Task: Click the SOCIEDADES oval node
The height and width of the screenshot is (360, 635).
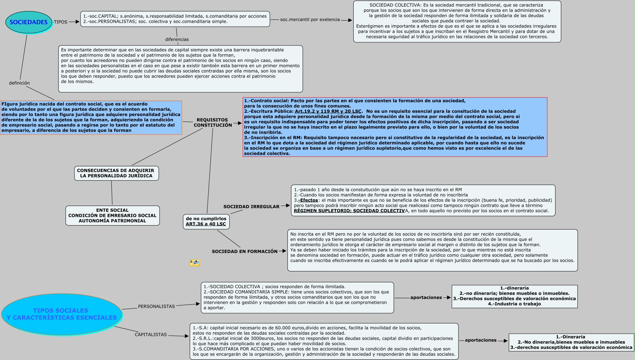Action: pyautogui.click(x=29, y=22)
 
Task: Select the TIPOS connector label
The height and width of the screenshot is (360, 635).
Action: pyautogui.click(x=60, y=22)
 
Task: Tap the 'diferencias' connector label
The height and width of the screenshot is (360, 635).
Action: pyautogui.click(x=177, y=39)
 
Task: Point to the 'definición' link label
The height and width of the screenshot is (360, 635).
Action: pyautogui.click(x=20, y=83)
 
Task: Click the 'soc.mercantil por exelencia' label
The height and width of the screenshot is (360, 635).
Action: pyautogui.click(x=310, y=20)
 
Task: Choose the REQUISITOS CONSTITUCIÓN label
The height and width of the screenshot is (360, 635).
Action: pyautogui.click(x=213, y=123)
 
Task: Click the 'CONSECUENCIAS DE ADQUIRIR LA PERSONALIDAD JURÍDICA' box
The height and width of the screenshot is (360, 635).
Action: pyautogui.click(x=116, y=173)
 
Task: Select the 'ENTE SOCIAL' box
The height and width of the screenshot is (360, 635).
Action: pyautogui.click(x=112, y=215)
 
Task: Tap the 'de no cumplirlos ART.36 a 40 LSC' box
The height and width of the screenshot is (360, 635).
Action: pyautogui.click(x=206, y=221)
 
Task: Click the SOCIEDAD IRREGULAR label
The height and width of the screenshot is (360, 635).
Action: pyautogui.click(x=251, y=207)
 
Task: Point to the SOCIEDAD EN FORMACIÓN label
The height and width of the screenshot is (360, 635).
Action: pyautogui.click(x=245, y=252)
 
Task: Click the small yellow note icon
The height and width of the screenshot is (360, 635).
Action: pyautogui.click(x=195, y=263)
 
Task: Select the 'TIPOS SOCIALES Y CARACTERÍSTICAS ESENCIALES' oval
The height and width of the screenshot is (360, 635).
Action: pyautogui.click(x=62, y=314)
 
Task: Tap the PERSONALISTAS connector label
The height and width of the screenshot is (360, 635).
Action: pyautogui.click(x=156, y=307)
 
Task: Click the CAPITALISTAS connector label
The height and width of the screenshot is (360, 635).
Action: pyautogui.click(x=151, y=335)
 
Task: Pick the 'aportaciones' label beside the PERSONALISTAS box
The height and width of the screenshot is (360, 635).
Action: pyautogui.click(x=426, y=297)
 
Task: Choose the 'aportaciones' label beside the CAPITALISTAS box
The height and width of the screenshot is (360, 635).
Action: pyautogui.click(x=481, y=340)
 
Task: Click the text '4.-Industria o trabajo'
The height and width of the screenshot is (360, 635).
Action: pyautogui.click(x=514, y=304)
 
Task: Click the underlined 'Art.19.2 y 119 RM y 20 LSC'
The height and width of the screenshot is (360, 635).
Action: pyautogui.click(x=328, y=111)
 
